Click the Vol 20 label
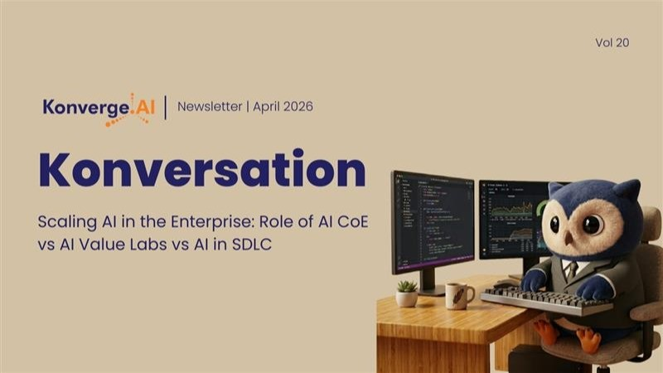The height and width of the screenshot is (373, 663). tap(612, 43)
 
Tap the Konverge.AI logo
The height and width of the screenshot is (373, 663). tap(99, 109)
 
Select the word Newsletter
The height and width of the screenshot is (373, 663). tap(210, 107)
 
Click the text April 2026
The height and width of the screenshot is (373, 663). tap(283, 107)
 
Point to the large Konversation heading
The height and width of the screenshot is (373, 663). tap(202, 169)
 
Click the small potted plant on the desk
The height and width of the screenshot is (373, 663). tap(407, 293)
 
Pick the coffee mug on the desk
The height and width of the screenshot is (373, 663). tap(459, 296)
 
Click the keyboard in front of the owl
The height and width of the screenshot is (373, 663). tap(546, 301)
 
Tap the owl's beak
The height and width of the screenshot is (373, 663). tap(569, 240)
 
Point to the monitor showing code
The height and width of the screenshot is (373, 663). tap(433, 221)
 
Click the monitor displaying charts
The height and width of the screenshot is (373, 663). tap(514, 219)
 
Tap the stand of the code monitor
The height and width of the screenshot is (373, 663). tap(428, 283)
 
